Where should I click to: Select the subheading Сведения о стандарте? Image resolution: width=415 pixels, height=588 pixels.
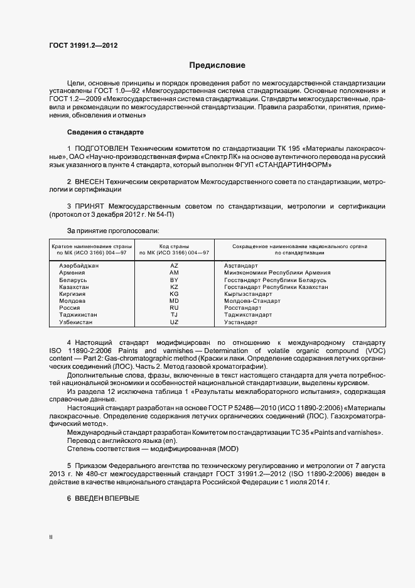tap(105, 133)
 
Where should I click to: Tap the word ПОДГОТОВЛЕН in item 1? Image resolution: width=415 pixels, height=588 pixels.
tap(105, 148)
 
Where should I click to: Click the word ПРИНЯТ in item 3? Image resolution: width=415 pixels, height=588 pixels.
tap(90, 205)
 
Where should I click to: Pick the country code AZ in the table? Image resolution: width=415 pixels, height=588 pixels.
tap(175, 266)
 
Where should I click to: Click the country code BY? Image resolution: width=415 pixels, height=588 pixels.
tap(175, 280)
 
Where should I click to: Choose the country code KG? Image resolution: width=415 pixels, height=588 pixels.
tap(175, 294)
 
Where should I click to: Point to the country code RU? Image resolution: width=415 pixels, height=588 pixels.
tap(175, 308)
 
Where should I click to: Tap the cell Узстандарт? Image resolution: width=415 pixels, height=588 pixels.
tap(241, 322)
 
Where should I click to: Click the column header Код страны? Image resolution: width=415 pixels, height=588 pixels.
tap(175, 246)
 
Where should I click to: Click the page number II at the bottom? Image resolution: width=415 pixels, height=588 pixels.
tap(51, 537)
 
